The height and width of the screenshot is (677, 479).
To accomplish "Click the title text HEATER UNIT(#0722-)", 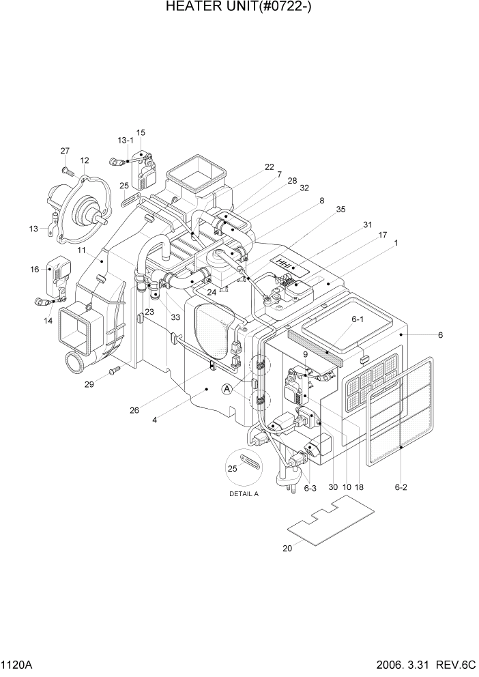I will pyautogui.click(x=239, y=8).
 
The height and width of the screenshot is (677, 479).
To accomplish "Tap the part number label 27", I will pyautogui.click(x=65, y=151).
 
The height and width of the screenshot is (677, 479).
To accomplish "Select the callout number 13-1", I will pyautogui.click(x=126, y=140).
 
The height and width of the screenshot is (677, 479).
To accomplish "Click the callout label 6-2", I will pyautogui.click(x=401, y=488).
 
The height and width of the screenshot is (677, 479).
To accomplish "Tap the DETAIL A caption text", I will pyautogui.click(x=244, y=494).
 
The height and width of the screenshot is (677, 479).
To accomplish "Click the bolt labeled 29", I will pyautogui.click(x=113, y=370).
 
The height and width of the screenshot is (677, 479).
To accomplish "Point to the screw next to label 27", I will pyautogui.click(x=65, y=167).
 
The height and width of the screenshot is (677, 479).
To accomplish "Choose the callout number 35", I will pyautogui.click(x=339, y=210).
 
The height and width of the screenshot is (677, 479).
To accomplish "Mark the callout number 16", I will pyautogui.click(x=34, y=270).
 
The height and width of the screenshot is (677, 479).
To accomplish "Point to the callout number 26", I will pyautogui.click(x=134, y=410).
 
